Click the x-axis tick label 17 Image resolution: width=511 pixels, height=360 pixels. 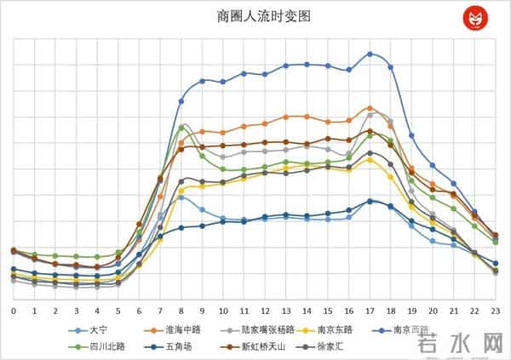pos(370,311)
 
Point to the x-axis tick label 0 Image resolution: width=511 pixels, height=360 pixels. pos(14,311)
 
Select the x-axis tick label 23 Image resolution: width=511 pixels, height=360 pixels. pos(495,311)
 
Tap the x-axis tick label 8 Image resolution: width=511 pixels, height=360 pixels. pos(181,311)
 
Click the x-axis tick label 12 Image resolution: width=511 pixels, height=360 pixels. pos(265,311)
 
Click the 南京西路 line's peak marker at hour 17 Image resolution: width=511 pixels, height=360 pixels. pos(370,54)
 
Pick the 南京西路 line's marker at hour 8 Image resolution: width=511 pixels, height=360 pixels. pos(181,101)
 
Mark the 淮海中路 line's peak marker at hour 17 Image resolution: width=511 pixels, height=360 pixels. pos(370,108)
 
